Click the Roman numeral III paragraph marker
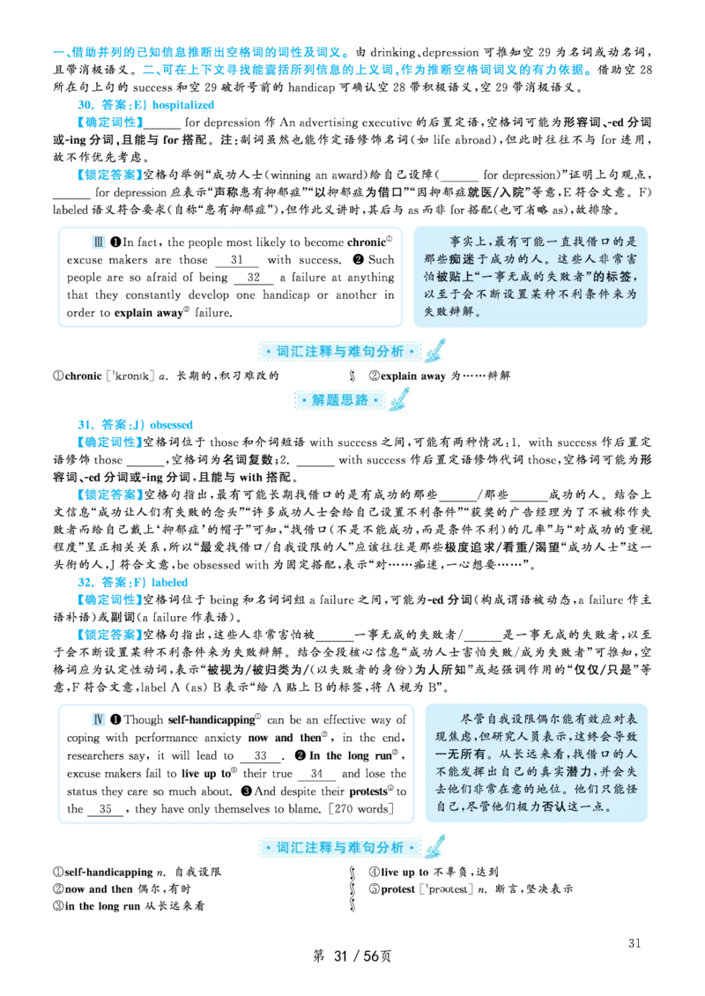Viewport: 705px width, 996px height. (x=99, y=243)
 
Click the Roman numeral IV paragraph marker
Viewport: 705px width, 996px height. (x=99, y=720)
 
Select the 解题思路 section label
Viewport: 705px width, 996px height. (x=340, y=400)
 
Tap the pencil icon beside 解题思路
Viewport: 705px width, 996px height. (x=399, y=399)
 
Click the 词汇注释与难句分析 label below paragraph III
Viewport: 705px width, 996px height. (x=340, y=352)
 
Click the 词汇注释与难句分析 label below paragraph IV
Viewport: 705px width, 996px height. (x=340, y=847)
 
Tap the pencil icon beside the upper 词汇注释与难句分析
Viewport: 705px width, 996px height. (x=434, y=351)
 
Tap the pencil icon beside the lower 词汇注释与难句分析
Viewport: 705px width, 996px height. (x=434, y=846)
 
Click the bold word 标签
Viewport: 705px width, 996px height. (x=615, y=276)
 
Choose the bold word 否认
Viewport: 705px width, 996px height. (x=553, y=806)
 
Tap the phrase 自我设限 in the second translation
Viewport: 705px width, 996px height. (x=519, y=718)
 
